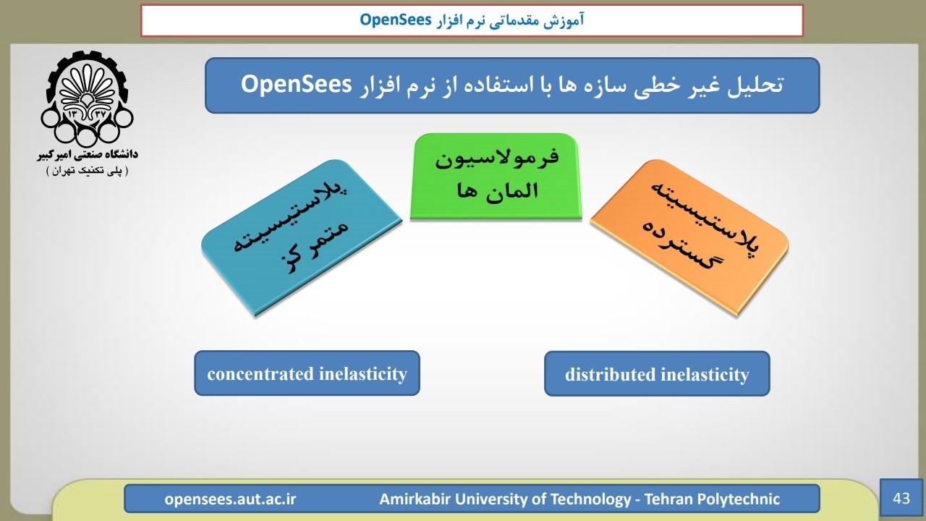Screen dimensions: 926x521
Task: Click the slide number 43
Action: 901,499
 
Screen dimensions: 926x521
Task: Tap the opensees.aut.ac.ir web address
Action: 230,499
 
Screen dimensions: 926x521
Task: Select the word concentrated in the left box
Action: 260,374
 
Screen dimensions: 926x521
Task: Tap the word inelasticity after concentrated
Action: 363,374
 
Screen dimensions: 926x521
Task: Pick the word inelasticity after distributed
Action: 705,375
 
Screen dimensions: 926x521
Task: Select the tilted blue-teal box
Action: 302,237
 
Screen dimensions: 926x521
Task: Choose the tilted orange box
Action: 689,237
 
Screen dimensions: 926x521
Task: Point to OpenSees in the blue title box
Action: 296,85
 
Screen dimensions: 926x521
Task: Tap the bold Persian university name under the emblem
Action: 88,155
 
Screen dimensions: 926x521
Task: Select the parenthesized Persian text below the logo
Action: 88,171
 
